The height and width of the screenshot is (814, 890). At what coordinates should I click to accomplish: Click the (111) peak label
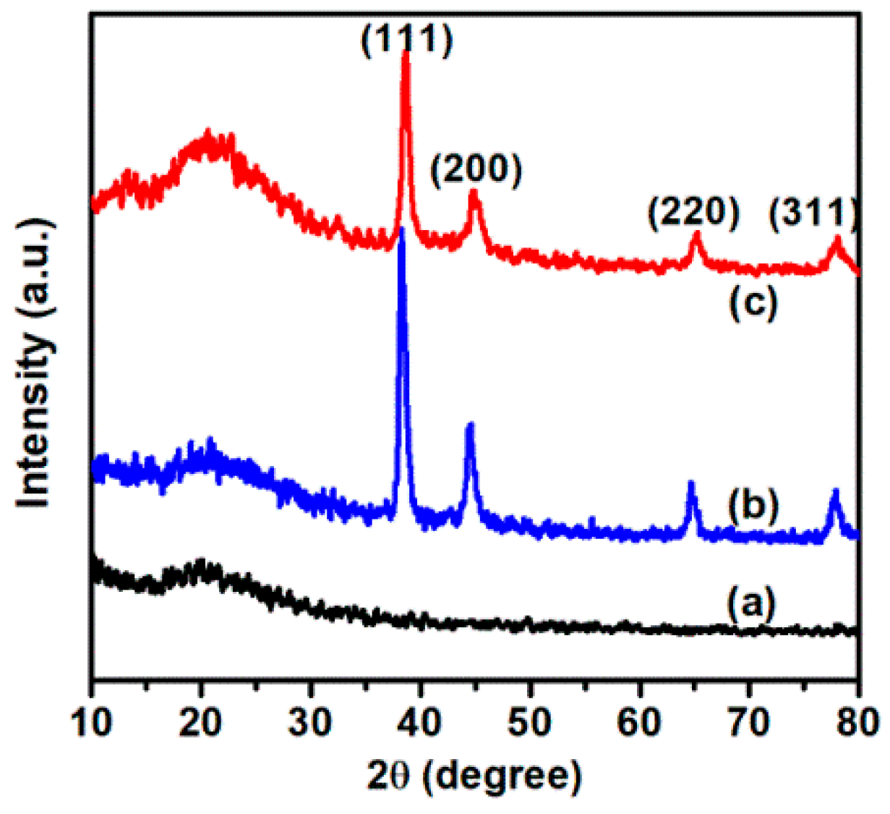(x=407, y=38)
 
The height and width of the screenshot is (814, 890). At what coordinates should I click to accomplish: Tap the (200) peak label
(x=476, y=171)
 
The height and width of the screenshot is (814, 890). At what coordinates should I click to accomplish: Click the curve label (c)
(x=753, y=302)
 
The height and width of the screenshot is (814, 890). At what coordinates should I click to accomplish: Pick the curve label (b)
(x=753, y=504)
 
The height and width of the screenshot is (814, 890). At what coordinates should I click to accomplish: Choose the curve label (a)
(x=753, y=603)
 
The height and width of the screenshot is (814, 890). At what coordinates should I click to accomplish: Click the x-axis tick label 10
(x=92, y=721)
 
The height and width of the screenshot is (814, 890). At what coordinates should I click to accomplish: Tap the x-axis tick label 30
(x=311, y=721)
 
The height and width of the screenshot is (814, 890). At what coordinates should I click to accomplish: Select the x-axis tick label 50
(x=530, y=721)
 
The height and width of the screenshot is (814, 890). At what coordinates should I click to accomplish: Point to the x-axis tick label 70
(x=749, y=721)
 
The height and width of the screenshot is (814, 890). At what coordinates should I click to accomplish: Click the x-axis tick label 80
(x=857, y=721)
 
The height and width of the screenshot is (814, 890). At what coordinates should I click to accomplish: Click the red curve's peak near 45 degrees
(x=474, y=192)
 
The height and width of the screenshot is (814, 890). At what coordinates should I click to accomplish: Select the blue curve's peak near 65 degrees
(x=690, y=483)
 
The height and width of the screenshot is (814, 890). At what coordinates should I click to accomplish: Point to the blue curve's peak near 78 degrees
(x=836, y=491)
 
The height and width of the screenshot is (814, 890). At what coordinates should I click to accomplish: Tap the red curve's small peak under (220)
(x=697, y=234)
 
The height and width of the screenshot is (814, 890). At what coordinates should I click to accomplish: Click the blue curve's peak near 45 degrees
(x=470, y=424)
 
